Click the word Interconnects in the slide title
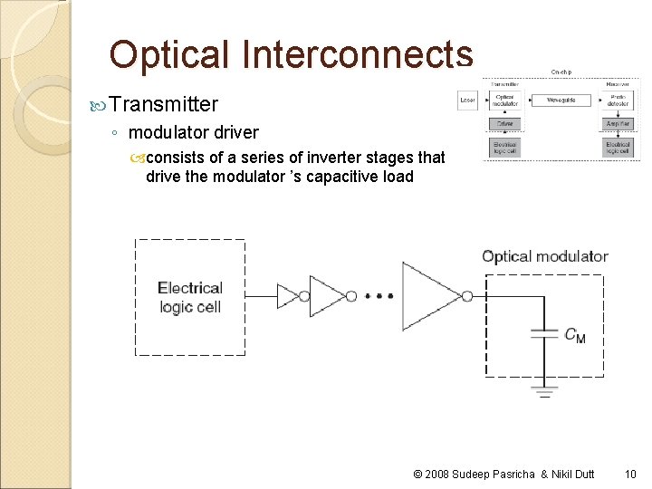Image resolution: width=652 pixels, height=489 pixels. tap(357, 55)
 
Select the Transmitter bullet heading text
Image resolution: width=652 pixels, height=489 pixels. tap(163, 105)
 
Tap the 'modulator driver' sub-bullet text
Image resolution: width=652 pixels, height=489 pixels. tap(194, 132)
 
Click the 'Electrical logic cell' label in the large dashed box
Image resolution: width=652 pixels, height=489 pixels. tap(189, 297)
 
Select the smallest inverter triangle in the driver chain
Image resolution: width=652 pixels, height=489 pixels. tap(287, 296)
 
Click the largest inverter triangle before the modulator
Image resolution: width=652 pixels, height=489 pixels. tap(430, 295)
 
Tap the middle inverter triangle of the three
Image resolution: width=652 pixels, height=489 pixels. tap(326, 296)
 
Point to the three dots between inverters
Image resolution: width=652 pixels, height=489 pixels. tap(379, 296)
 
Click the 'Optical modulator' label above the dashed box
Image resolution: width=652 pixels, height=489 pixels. tap(544, 256)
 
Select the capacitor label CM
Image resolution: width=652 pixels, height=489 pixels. tap(575, 336)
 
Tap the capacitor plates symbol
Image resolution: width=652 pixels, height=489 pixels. tap(543, 334)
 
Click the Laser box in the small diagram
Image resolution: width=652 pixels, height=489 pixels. tap(467, 100)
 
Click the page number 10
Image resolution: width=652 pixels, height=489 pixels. tap(630, 474)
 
